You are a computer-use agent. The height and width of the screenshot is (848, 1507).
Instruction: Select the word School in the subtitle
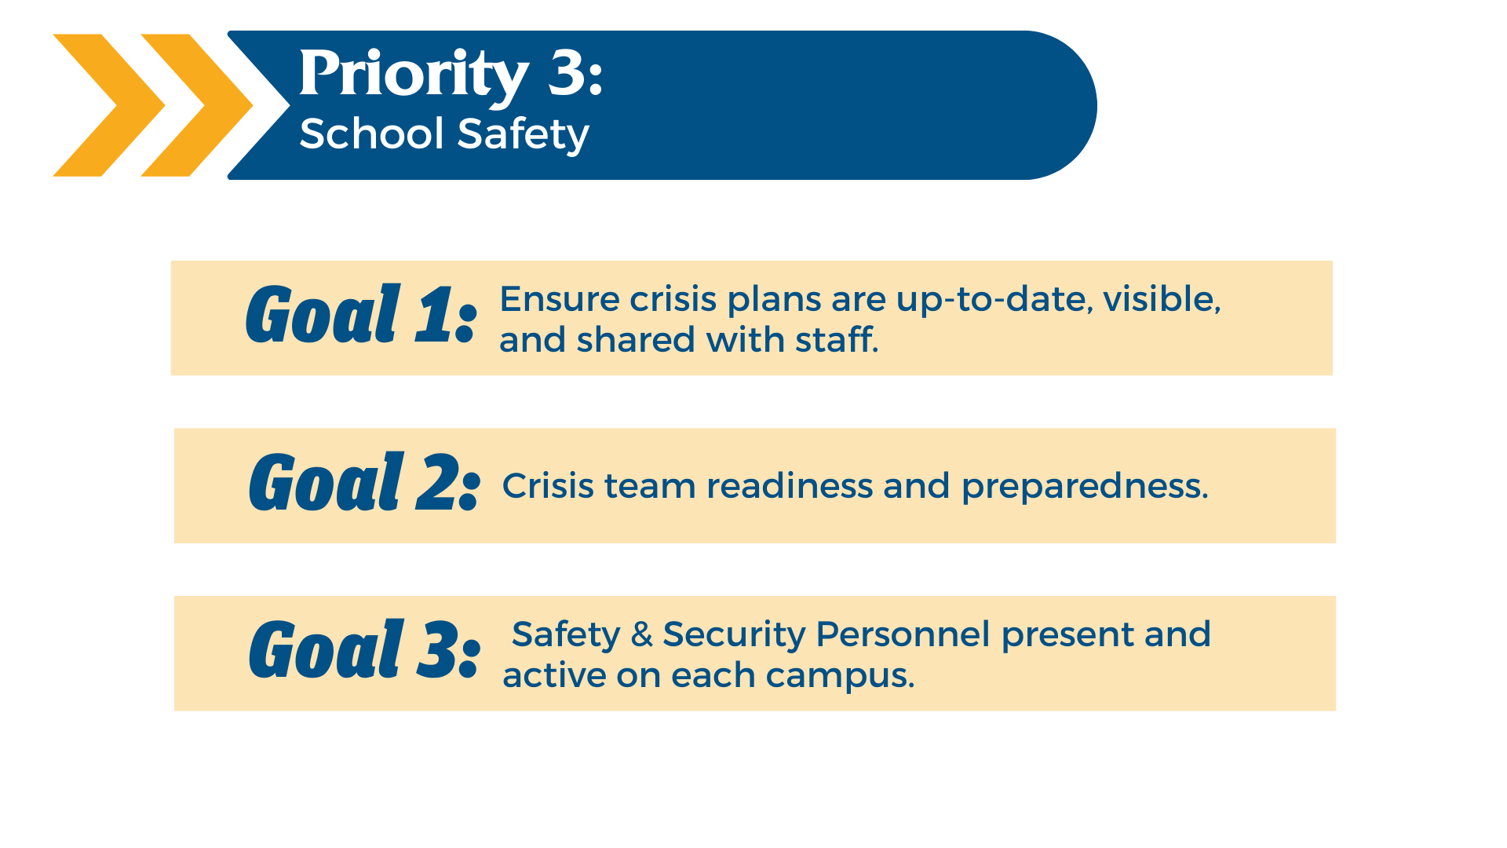pos(372,133)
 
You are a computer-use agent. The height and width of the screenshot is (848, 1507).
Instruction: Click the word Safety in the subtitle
pos(523,135)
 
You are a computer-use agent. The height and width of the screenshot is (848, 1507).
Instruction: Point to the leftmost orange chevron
pos(109,105)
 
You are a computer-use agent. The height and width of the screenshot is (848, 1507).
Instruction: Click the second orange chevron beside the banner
pos(197,105)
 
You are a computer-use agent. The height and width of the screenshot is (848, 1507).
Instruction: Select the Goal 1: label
pos(361,314)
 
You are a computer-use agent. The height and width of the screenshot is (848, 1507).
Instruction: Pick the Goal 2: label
pos(364,482)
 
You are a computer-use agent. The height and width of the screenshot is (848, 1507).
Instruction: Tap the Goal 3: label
pos(364,649)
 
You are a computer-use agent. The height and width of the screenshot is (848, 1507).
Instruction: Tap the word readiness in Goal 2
pos(790,486)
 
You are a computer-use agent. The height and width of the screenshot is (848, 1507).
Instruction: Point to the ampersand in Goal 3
pos(642,634)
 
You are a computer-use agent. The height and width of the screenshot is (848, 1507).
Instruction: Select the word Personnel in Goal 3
pos(903,634)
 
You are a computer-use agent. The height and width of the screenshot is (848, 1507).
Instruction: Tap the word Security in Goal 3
pos(734,635)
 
